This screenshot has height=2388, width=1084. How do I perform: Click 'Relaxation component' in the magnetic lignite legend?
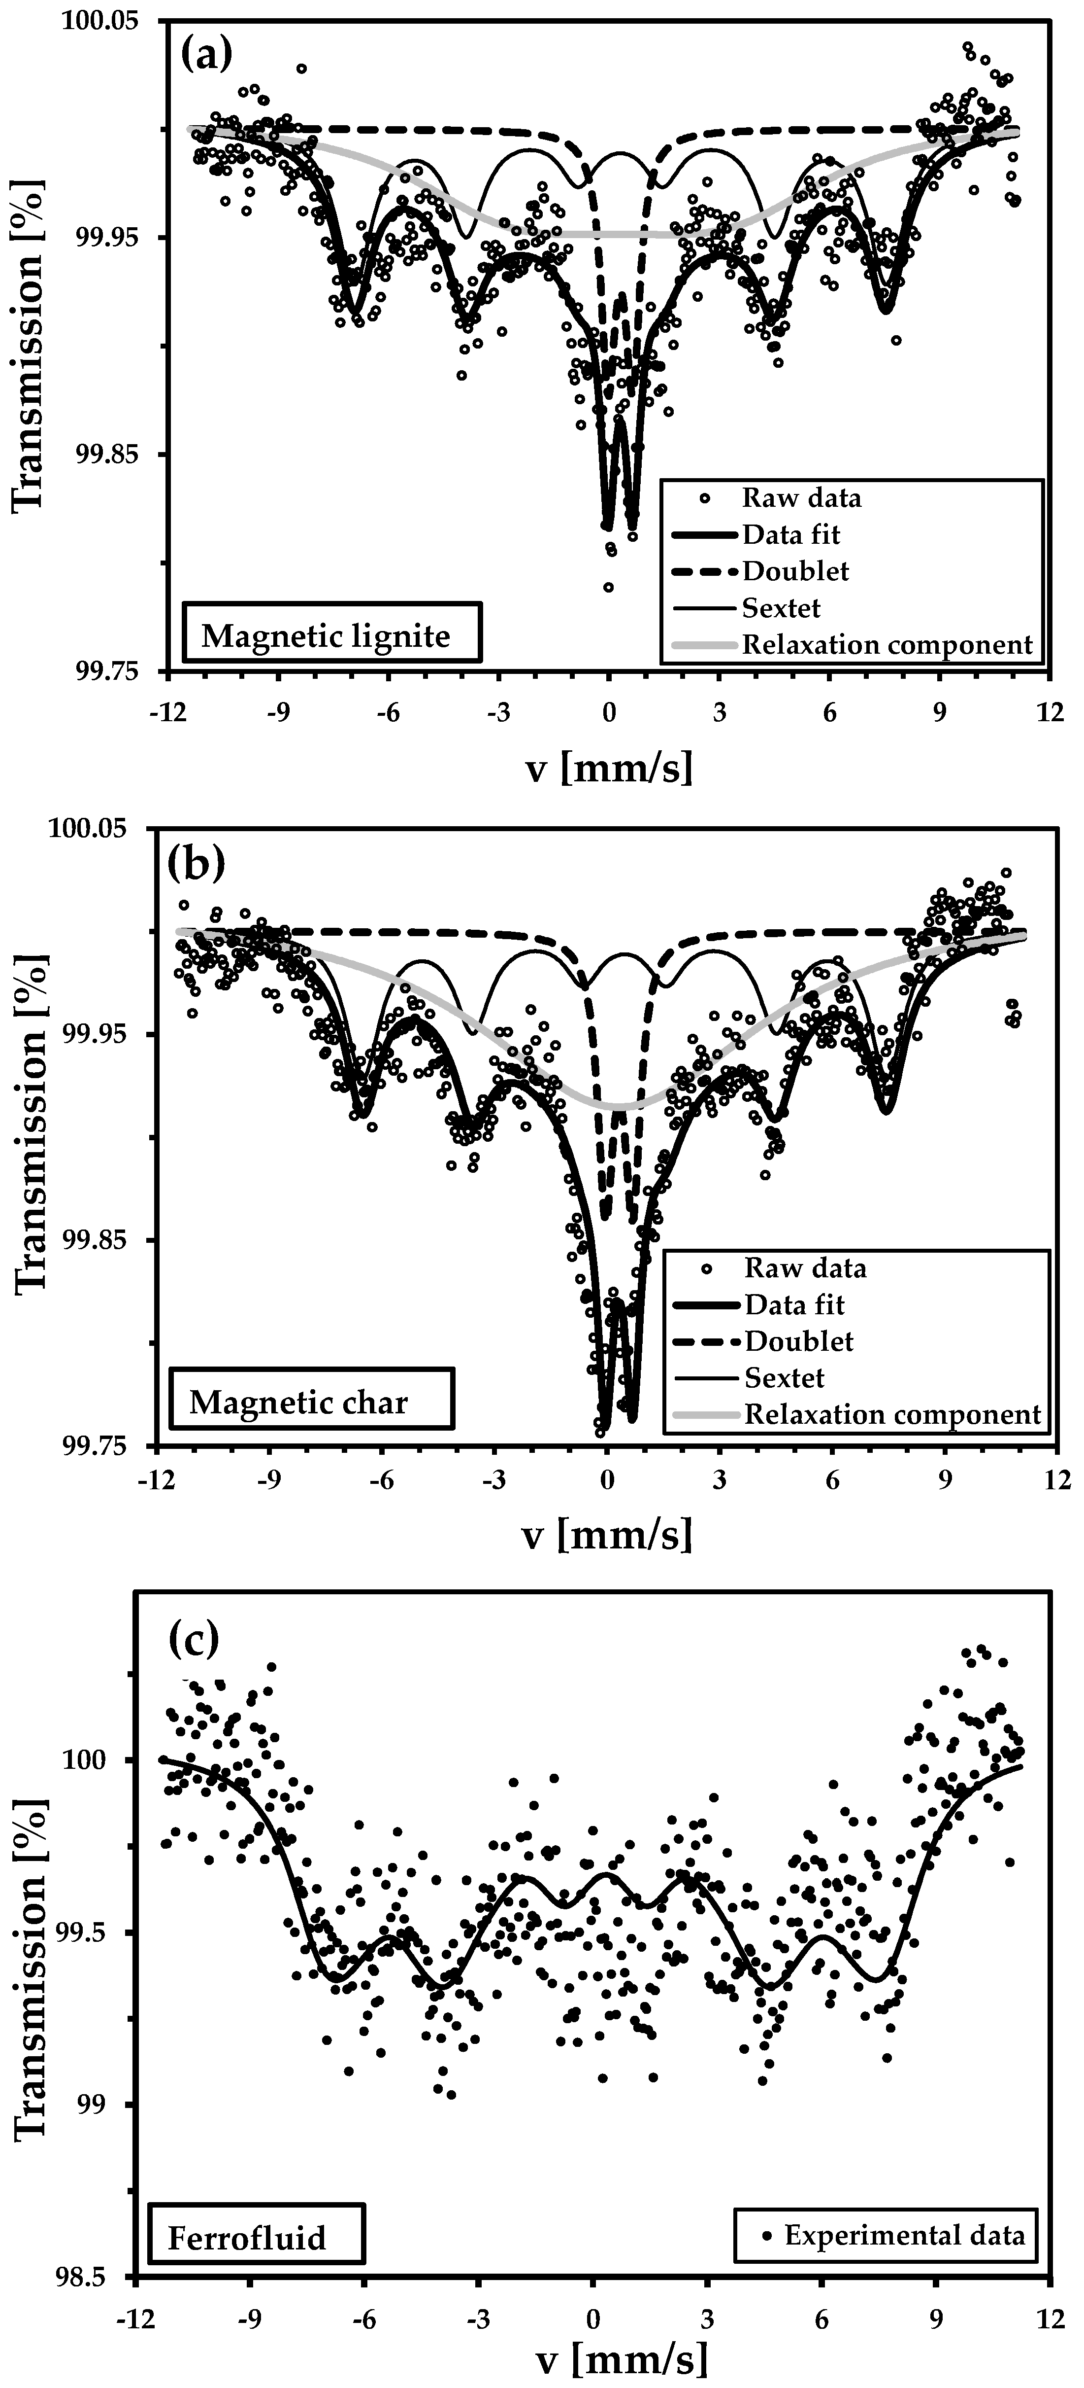point(887,644)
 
